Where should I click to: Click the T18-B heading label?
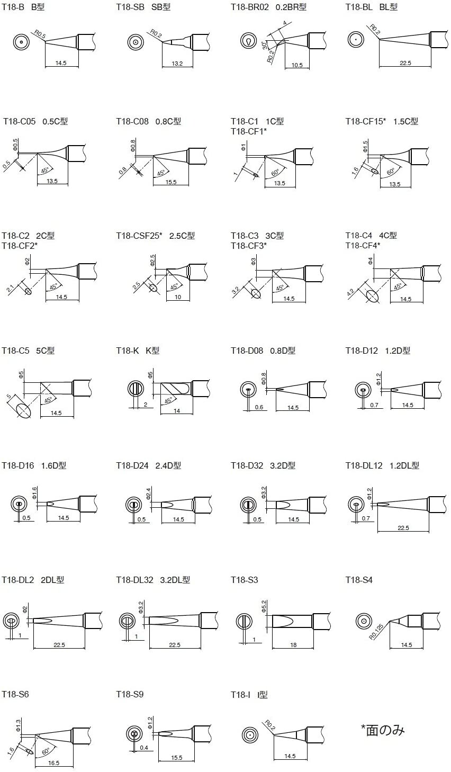point(12,7)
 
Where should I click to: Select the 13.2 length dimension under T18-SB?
point(177,64)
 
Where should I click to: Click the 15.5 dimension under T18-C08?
point(170,182)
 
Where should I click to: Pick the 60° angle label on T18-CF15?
point(391,172)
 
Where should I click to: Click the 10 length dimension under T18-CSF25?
point(178,297)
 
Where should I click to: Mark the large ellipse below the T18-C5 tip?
point(23,410)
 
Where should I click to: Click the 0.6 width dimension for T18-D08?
point(259,407)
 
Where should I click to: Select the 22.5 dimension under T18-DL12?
point(403,528)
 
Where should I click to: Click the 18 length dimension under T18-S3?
point(293,645)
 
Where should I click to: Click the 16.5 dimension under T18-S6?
point(53,763)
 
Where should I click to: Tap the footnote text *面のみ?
point(382,730)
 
